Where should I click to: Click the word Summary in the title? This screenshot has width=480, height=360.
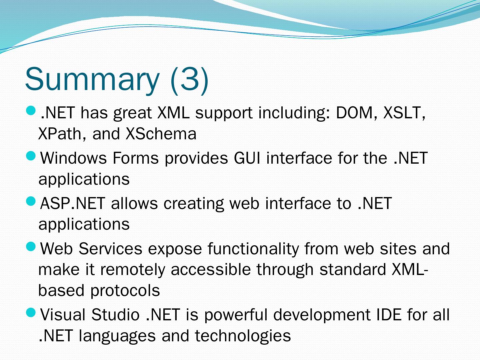(92, 80)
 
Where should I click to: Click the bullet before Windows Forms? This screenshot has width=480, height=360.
(31, 156)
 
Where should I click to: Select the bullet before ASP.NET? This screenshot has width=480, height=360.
(31, 201)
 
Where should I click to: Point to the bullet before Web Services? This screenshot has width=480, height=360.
(31, 247)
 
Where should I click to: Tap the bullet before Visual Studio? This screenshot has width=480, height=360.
(31, 313)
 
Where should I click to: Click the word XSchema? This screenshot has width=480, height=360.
(161, 134)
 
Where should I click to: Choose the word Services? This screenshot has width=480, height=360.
(110, 249)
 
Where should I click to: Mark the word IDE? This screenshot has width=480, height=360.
(389, 315)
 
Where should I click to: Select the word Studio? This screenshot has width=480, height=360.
(115, 315)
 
